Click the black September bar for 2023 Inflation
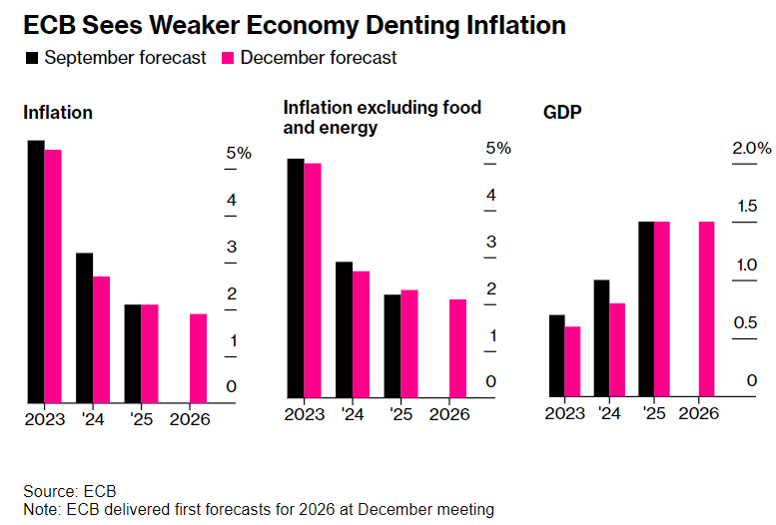(x=36, y=270)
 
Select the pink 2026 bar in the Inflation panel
(x=199, y=357)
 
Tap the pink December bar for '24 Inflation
(x=101, y=338)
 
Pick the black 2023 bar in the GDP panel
(x=556, y=355)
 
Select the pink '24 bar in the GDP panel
(x=617, y=349)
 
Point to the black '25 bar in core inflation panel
(x=392, y=345)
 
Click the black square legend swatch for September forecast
(x=31, y=58)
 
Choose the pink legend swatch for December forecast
(x=227, y=58)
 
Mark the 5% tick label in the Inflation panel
(x=239, y=154)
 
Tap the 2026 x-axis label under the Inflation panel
(x=191, y=419)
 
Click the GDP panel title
(x=562, y=112)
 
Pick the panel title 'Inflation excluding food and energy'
(x=383, y=117)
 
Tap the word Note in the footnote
(x=40, y=510)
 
